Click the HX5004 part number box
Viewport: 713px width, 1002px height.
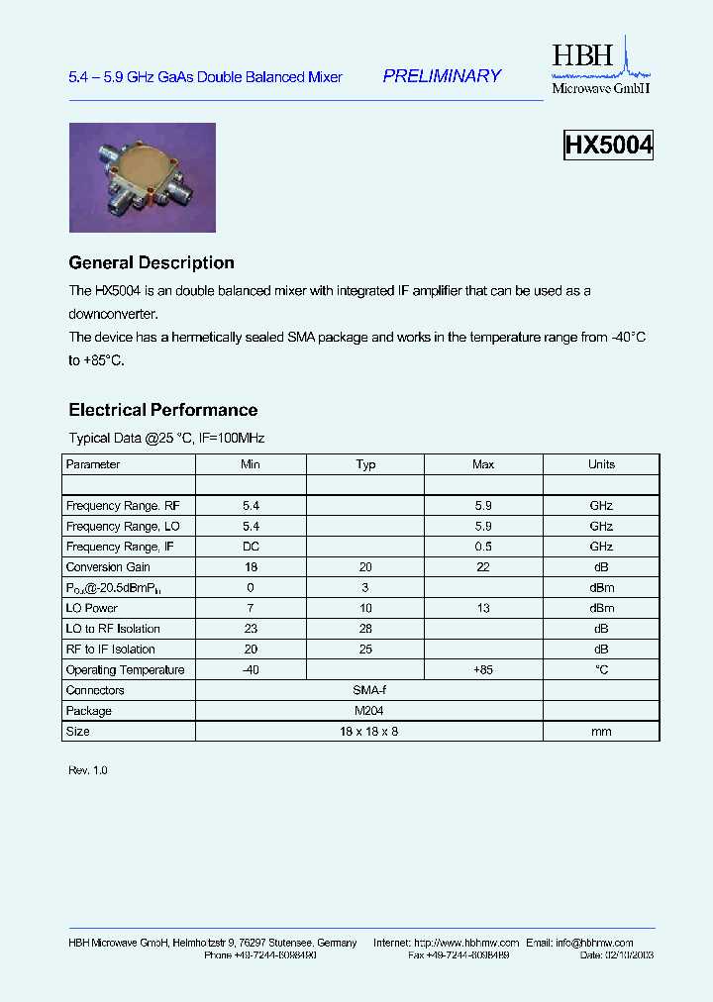[x=608, y=146]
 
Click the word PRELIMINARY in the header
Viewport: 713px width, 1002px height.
[x=442, y=76]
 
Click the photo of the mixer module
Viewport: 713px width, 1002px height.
[x=142, y=177]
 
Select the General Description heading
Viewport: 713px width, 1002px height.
[x=152, y=263]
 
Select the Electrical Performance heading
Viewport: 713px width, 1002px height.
[x=162, y=410]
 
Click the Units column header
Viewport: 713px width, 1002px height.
[x=601, y=464]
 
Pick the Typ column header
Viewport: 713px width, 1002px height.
[x=365, y=464]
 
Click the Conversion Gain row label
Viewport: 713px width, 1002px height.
[x=108, y=567]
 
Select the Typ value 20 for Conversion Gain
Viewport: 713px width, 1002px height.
[x=365, y=567]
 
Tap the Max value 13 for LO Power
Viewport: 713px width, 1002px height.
[x=483, y=608]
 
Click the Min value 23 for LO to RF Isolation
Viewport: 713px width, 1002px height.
[x=251, y=629]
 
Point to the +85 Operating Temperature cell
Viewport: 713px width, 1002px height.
[x=483, y=670]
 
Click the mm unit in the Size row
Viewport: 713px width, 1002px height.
[x=601, y=732]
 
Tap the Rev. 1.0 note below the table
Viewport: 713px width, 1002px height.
[x=87, y=770]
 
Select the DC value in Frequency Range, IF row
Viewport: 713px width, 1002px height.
[x=251, y=547]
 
